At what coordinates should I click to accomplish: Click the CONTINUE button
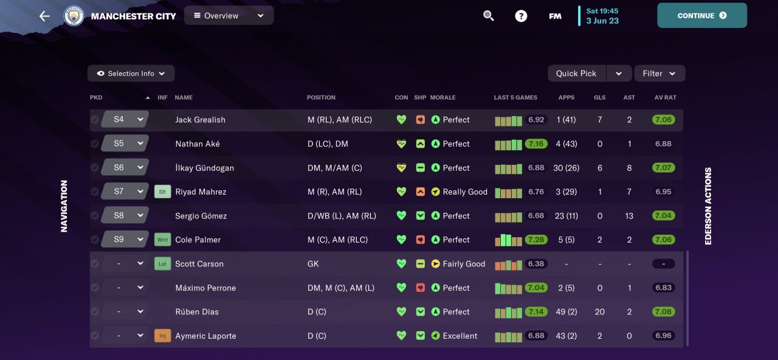click(x=701, y=16)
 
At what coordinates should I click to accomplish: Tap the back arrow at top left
click(x=44, y=16)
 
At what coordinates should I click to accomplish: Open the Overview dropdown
click(x=229, y=16)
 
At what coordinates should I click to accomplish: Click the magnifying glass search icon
click(x=489, y=16)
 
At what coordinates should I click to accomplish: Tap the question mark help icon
click(x=521, y=16)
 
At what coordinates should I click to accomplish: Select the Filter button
click(x=659, y=74)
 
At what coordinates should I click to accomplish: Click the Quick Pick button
click(x=576, y=74)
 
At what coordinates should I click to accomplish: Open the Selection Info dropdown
click(x=131, y=74)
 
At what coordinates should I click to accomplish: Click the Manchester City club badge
click(x=74, y=16)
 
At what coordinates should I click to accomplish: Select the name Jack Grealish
click(x=200, y=120)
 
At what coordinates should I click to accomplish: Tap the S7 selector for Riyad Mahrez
click(x=125, y=192)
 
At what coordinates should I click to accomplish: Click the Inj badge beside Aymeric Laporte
click(x=162, y=336)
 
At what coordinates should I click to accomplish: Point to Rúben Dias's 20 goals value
click(x=599, y=312)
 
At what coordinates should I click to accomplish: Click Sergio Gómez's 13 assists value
click(x=629, y=216)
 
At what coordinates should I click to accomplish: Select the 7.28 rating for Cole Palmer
click(x=536, y=240)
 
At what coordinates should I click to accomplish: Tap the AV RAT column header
click(x=665, y=97)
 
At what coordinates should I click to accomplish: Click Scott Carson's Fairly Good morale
click(x=464, y=264)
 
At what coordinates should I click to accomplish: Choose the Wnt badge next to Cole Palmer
click(x=162, y=240)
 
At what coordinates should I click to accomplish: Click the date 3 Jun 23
click(x=602, y=21)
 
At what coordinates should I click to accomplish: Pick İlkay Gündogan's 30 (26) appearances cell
click(x=566, y=168)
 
